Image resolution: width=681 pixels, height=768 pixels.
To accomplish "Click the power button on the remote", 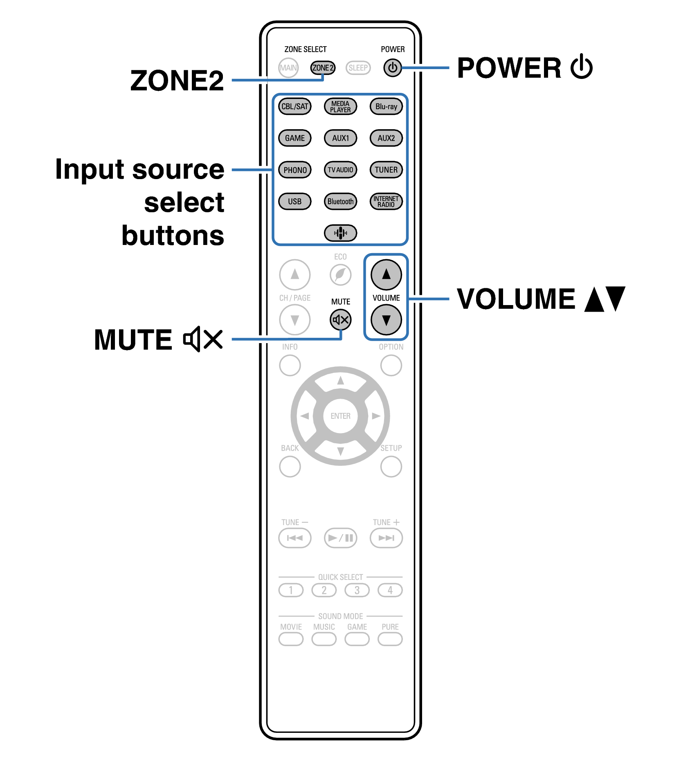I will tap(392, 68).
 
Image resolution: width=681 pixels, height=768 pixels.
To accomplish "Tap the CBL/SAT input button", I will tap(294, 107).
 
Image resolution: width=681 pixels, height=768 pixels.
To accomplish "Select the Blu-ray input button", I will tap(386, 107).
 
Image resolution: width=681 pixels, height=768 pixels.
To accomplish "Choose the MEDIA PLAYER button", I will tap(340, 107).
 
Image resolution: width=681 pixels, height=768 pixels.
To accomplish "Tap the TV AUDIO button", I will tap(340, 170).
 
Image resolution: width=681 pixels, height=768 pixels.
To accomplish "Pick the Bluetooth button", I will tap(340, 201).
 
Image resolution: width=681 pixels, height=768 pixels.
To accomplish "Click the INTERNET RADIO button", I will tap(386, 201).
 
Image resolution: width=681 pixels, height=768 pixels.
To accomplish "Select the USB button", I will tap(294, 201).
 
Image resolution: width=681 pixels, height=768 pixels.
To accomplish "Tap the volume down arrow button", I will tap(386, 320).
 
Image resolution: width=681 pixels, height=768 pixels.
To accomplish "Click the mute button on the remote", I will tap(340, 320).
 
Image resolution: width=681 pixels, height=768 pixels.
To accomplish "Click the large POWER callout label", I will tap(509, 68).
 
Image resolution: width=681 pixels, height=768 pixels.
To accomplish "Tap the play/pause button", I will tap(340, 538).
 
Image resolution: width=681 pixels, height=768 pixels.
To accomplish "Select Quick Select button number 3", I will tap(357, 590).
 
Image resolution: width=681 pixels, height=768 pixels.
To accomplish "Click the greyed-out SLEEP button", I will tap(358, 68).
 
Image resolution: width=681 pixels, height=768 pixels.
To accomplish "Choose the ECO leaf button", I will tap(340, 275).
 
